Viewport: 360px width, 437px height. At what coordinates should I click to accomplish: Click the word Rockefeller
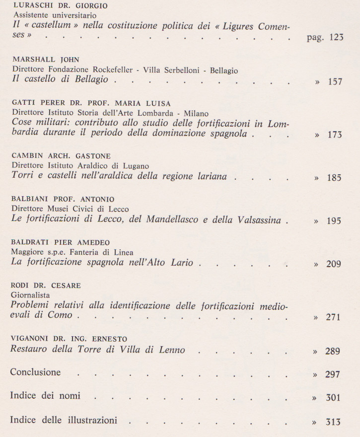(x=113, y=71)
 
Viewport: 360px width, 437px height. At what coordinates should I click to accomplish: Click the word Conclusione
(x=35, y=372)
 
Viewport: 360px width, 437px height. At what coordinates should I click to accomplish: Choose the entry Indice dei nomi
(x=45, y=396)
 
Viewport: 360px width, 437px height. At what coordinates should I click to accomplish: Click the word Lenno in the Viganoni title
(x=172, y=350)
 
